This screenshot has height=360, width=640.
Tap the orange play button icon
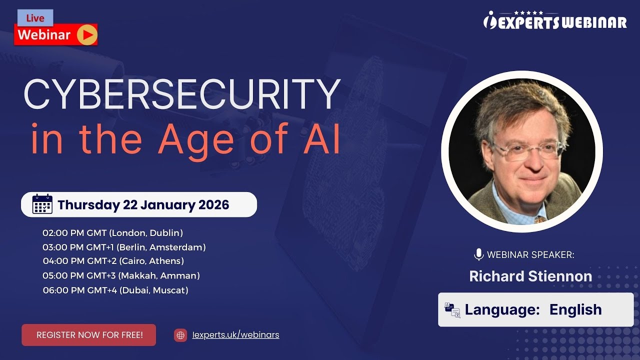(87, 35)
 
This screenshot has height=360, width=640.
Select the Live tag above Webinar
(35, 18)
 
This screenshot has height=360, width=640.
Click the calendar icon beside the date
(42, 204)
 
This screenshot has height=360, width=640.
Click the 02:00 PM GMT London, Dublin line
(112, 233)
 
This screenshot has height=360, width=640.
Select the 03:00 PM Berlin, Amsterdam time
(124, 247)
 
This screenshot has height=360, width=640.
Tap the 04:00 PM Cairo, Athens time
(113, 261)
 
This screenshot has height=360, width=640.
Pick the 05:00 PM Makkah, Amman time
(121, 275)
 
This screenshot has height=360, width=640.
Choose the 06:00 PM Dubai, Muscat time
(115, 290)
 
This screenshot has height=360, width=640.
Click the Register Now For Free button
(89, 335)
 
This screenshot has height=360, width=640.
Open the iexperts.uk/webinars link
(235, 335)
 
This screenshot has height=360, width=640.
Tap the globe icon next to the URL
(180, 335)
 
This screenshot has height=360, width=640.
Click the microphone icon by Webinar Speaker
(478, 254)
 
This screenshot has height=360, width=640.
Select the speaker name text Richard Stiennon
(530, 276)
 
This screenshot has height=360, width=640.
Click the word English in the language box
(575, 309)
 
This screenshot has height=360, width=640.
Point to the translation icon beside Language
(452, 310)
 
